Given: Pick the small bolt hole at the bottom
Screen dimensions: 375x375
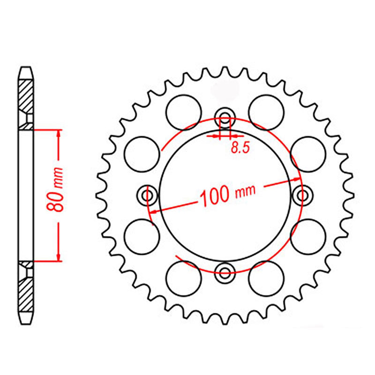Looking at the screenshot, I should pos(225,271).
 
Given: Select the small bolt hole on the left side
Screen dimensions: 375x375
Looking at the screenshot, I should pos(149,195).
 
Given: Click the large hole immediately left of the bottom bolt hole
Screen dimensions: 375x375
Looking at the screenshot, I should pos(184,277).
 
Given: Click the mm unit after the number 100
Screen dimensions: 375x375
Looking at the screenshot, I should pos(245,191).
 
